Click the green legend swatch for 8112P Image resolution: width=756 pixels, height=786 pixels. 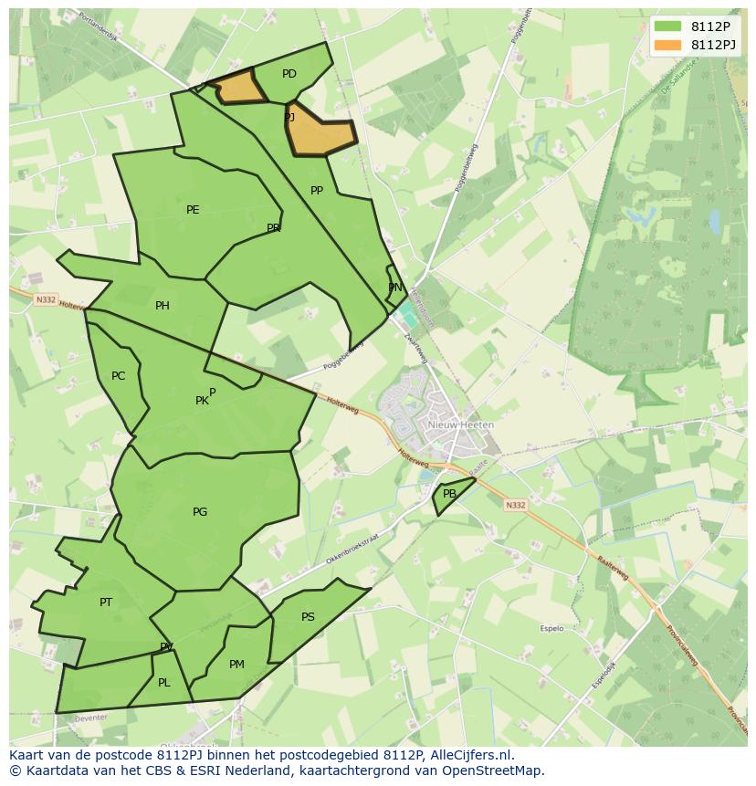667,26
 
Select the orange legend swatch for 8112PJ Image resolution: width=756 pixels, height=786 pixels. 667,45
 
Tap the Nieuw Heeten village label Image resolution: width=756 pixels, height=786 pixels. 461,425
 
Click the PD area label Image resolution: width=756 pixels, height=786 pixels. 289,74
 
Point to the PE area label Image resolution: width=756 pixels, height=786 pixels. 193,210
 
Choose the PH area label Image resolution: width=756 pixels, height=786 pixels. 163,306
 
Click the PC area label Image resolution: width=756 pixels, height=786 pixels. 118,376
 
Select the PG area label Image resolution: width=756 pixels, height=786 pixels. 200,512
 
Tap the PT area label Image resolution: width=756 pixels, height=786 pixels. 106,603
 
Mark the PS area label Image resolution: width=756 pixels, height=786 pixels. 308,617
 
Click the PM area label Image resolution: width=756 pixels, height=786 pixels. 236,665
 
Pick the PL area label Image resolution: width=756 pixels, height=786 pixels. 164,683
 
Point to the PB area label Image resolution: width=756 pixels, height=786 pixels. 449,494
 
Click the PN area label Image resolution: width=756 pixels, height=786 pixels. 395,288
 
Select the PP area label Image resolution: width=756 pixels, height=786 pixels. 317,191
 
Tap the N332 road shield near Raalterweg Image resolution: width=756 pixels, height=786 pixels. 516,505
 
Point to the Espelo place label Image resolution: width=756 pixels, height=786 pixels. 551,628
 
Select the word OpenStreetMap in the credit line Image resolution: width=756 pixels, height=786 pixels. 494,770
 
